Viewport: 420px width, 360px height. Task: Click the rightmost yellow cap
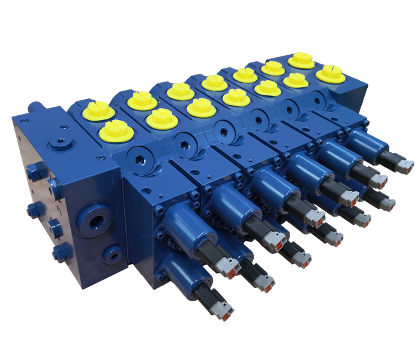[x=331, y=73]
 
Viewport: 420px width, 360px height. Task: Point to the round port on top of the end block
[x=59, y=143]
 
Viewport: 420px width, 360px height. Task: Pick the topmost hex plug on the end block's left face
[x=33, y=170]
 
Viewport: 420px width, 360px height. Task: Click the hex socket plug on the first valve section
[x=141, y=160]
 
